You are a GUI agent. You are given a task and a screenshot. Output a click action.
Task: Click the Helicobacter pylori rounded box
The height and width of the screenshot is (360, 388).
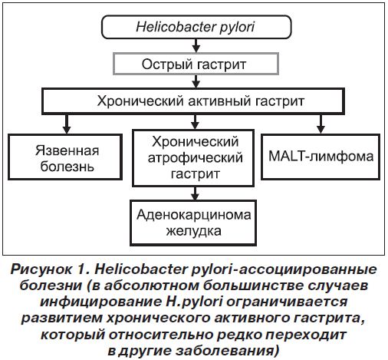[x=196, y=27]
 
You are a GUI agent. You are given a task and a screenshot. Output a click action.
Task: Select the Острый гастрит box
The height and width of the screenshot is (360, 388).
[x=196, y=64]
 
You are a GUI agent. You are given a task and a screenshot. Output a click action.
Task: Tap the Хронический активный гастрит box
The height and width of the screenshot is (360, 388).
[x=193, y=101]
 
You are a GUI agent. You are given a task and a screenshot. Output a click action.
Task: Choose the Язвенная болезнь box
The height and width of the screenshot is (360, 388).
[x=65, y=157]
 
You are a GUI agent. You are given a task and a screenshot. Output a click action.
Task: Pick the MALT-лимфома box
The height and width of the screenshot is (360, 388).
[x=321, y=157]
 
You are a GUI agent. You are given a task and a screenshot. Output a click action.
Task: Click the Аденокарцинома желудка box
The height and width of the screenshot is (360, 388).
[x=193, y=223]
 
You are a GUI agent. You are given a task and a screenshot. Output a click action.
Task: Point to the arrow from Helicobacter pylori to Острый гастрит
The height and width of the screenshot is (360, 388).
[x=196, y=46]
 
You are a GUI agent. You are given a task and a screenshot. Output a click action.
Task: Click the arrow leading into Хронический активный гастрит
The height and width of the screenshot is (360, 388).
[x=196, y=81]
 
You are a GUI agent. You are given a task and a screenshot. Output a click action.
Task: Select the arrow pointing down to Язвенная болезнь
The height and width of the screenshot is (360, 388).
[x=67, y=124]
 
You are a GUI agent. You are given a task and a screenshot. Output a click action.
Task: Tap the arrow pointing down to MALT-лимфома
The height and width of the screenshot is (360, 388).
[x=321, y=124]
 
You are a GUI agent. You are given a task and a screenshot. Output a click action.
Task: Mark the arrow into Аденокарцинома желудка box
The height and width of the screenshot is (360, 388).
[x=195, y=193]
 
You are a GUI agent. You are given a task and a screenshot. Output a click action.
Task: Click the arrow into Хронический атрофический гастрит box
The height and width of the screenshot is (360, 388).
[x=195, y=122]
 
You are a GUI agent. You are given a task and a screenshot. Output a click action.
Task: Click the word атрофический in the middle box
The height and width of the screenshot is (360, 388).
[x=196, y=158]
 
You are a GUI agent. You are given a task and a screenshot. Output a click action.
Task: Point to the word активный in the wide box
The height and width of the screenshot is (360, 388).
[x=219, y=101]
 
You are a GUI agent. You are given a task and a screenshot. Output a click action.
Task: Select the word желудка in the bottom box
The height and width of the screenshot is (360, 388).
[x=193, y=231]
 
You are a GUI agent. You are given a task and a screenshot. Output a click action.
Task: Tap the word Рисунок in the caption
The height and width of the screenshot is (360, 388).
[x=41, y=269]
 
